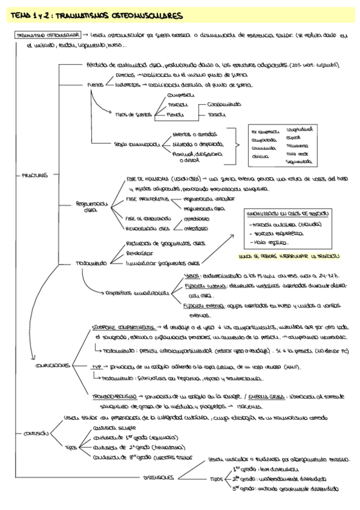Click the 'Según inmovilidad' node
pos(136,144)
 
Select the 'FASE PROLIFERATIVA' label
pos(147,198)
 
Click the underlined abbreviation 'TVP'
pos(97,366)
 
